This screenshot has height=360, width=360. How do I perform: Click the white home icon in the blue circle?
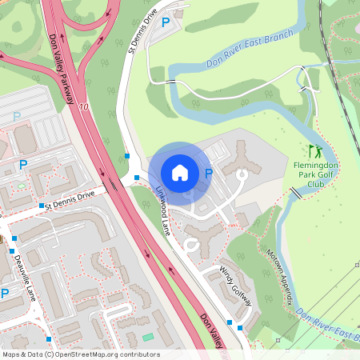[180, 173]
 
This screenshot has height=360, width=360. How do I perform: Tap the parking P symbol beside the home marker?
[209, 173]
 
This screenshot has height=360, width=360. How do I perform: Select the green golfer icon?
[315, 150]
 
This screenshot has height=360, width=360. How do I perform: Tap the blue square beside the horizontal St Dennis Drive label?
[41, 206]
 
